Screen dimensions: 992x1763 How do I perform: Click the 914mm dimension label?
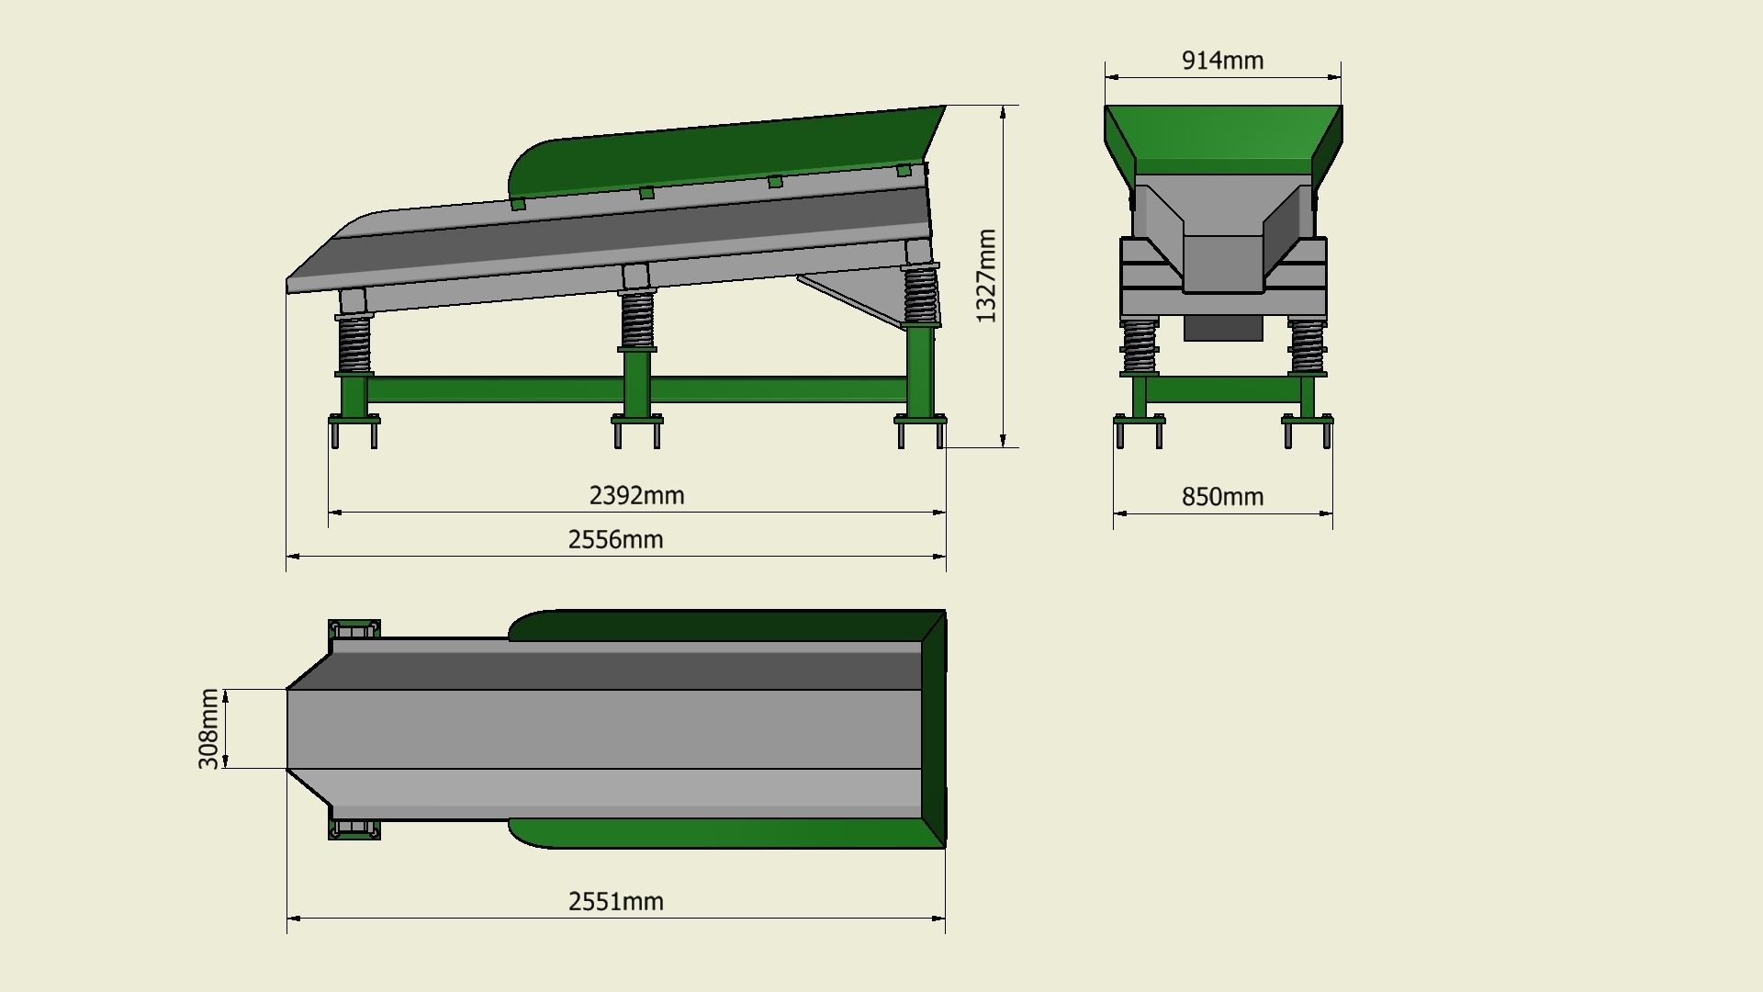(1222, 61)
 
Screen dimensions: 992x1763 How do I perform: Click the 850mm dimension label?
(1222, 497)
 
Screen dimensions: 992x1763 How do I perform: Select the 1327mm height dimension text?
(985, 276)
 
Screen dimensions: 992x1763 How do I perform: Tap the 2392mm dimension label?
(636, 496)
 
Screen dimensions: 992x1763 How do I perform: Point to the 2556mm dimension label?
(615, 539)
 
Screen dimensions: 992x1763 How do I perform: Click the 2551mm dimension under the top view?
(615, 901)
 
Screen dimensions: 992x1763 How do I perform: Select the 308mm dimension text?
(209, 728)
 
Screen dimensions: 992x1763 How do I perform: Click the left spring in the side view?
(354, 344)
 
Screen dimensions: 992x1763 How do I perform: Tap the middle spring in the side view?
(636, 320)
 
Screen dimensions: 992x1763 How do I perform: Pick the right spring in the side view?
(919, 294)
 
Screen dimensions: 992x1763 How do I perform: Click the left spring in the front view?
(1139, 346)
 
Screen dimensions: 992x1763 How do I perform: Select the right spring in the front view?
(1307, 346)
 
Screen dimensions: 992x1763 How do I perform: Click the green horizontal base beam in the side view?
(496, 389)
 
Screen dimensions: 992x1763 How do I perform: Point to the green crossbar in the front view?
(1223, 389)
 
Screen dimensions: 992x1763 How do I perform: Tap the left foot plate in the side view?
(354, 420)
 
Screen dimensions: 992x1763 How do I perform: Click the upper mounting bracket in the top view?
(354, 629)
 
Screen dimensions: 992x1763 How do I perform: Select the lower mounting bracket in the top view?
(354, 829)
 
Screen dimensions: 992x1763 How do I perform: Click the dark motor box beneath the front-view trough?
(1222, 328)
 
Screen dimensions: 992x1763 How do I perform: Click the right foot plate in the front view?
(1307, 420)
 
